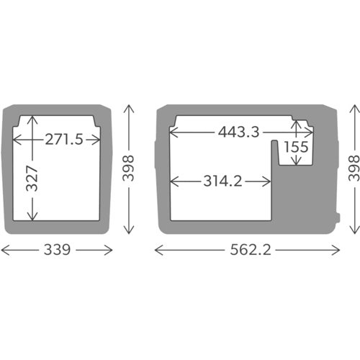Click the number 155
(296, 147)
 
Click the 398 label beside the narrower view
(130, 169)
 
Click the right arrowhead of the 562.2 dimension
(341, 250)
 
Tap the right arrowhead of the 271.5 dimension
(99, 139)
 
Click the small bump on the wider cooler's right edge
(339, 216)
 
